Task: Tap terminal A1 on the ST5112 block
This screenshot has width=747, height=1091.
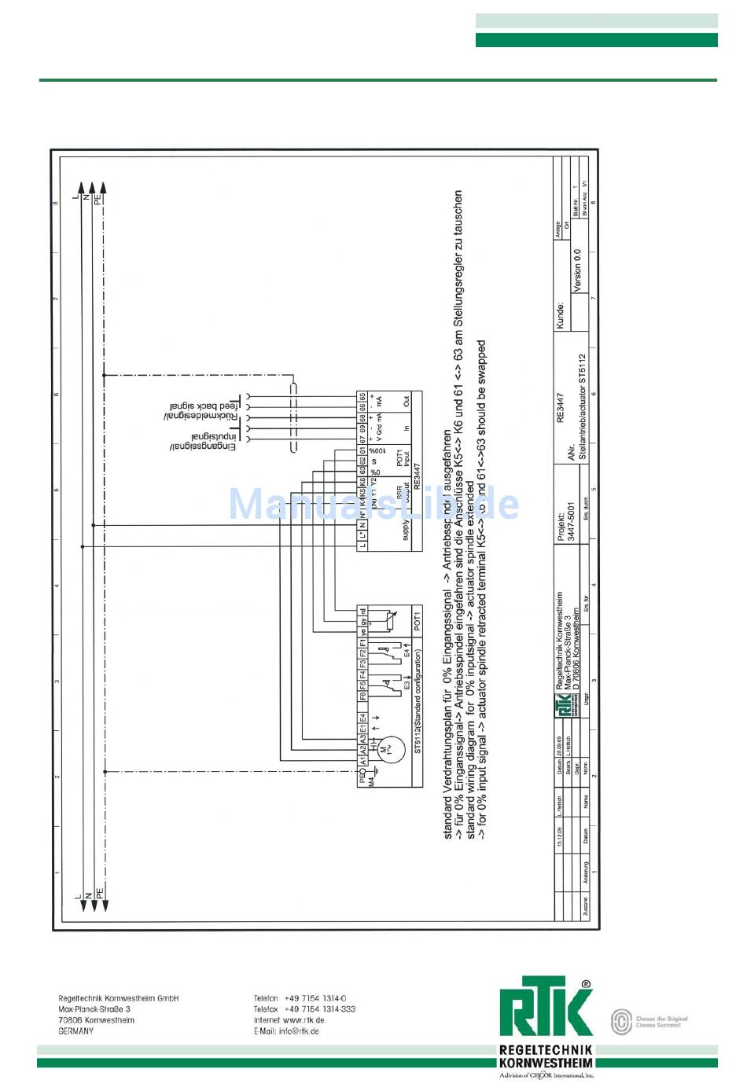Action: click(362, 761)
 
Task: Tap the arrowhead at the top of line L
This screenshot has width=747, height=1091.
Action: click(83, 188)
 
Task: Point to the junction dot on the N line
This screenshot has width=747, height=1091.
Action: click(93, 525)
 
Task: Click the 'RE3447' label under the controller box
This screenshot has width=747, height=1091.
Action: click(417, 479)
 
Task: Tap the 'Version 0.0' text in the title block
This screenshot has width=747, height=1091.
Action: click(577, 270)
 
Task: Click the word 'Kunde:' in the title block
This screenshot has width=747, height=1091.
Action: click(560, 316)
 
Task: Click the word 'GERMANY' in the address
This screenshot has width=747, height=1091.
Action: click(75, 1031)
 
